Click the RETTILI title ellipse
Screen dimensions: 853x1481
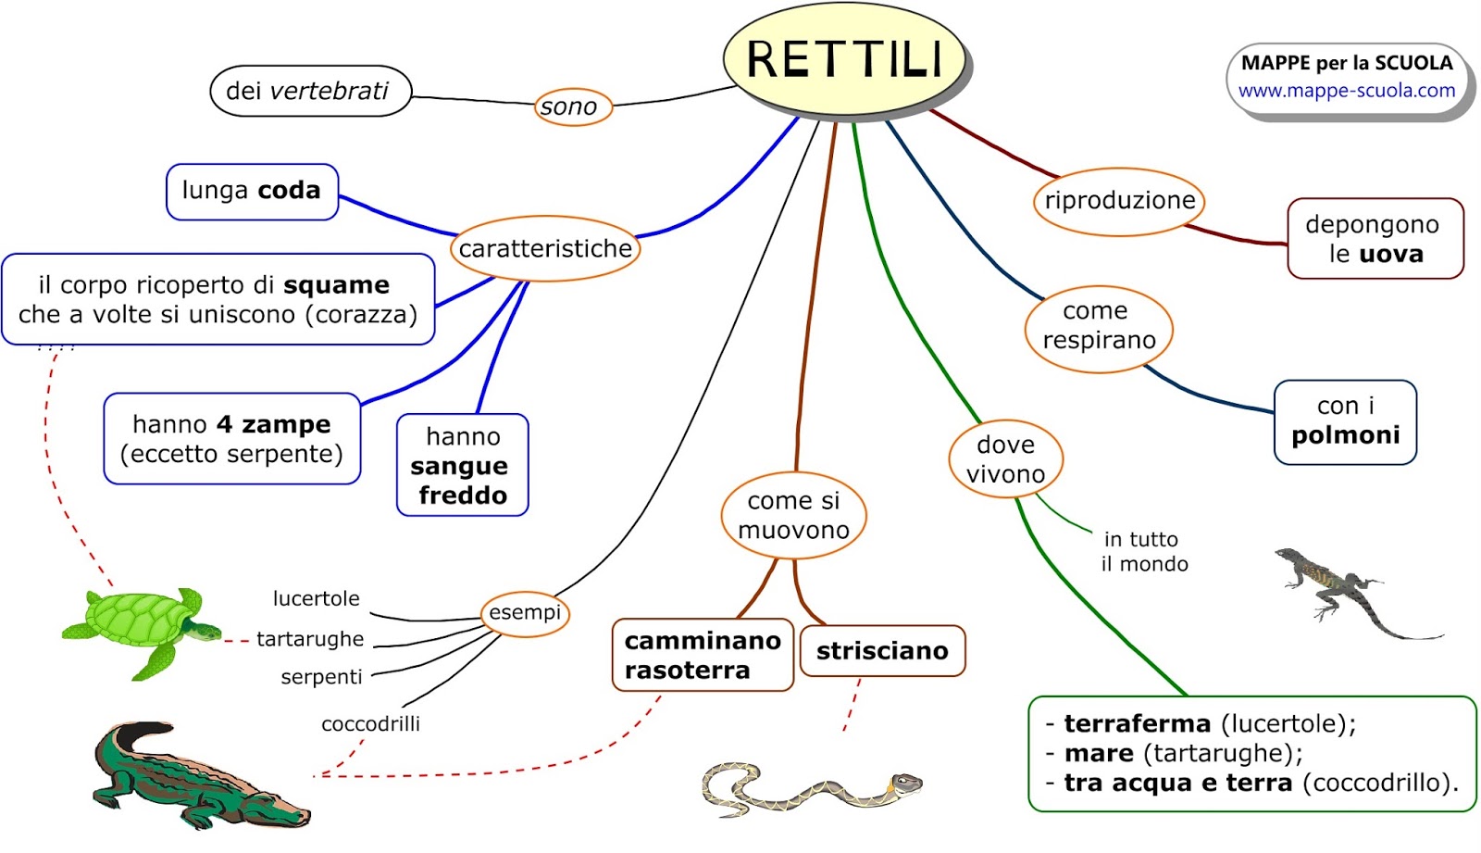click(844, 59)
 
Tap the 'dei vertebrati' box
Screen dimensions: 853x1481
click(310, 91)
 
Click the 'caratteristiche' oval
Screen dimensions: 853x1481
click(546, 248)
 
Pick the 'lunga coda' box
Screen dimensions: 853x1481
click(252, 192)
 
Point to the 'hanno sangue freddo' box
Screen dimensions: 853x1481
click(462, 465)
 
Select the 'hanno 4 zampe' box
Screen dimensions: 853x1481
click(231, 439)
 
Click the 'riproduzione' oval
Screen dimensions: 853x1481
click(1119, 201)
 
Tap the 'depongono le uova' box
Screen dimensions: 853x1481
click(1375, 239)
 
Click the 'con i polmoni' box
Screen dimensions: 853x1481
click(1345, 421)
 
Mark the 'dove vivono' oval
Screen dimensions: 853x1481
click(1005, 459)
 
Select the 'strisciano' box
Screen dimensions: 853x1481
click(882, 651)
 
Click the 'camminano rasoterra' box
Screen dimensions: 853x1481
click(703, 655)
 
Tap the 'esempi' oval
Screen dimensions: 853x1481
click(525, 613)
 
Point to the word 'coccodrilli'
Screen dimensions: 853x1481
click(370, 724)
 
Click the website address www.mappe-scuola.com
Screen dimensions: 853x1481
click(1347, 91)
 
